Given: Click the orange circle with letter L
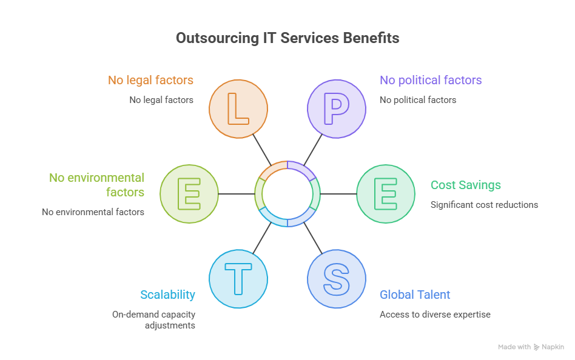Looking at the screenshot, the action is coord(238,109).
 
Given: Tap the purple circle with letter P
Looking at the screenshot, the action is coord(337,109).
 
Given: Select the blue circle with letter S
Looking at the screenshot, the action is coord(337,279).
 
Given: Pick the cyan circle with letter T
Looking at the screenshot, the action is coord(238,279).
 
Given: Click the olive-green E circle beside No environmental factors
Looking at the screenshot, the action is coord(189,194).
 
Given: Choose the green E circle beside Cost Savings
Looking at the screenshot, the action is coord(386,194).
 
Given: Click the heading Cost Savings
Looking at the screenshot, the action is coord(465,185).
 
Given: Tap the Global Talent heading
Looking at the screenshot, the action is coord(415,295).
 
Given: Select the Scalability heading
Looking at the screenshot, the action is coord(167,295).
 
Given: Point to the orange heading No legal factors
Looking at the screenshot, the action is coord(150,80).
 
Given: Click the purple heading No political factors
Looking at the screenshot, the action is coord(431,80).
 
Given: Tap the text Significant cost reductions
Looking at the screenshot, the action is coord(484,205).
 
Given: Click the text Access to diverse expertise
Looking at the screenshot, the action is coord(435,315).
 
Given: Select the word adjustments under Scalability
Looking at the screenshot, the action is coord(170,325).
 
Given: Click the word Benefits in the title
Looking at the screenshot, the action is coord(371,38).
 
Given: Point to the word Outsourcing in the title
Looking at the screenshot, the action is coord(218,38).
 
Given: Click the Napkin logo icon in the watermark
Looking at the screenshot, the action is coord(537,347).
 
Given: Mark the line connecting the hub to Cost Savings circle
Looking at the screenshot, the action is coord(338,194).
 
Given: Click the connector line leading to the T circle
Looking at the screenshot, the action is coord(262,238).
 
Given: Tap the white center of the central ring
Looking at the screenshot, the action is coord(287,194).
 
